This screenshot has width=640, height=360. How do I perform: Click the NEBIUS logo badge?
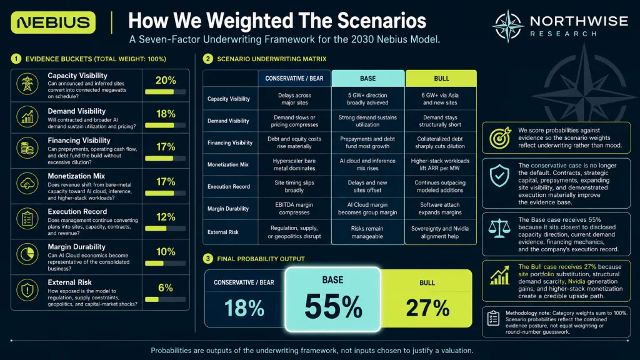[x=54, y=22]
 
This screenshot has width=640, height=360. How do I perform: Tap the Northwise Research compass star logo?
[x=507, y=26]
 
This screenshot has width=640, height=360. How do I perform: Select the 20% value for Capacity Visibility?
[x=165, y=81]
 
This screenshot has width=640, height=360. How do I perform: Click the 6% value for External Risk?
[x=165, y=287]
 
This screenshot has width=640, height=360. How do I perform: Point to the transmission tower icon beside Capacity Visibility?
[x=27, y=84]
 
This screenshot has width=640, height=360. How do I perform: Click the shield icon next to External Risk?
[x=27, y=290]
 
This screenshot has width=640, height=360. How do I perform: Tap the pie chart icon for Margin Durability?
[x=27, y=254]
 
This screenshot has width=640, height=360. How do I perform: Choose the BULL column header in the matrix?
[x=441, y=78]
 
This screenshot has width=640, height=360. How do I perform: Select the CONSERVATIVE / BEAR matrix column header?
[x=294, y=78]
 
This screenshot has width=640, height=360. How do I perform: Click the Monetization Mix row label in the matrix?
[x=228, y=164]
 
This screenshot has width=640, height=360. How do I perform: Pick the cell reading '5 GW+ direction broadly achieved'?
[x=367, y=99]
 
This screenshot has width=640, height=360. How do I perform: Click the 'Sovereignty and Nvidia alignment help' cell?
[x=440, y=232]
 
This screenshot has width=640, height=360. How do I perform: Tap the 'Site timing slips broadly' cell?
[x=294, y=186]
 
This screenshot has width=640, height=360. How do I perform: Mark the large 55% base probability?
[x=333, y=306]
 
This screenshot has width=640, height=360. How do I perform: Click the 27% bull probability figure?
[x=427, y=307]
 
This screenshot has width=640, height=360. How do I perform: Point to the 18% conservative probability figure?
[x=244, y=307]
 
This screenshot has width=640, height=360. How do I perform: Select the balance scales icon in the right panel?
[x=499, y=229]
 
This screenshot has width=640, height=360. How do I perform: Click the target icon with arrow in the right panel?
[x=500, y=137]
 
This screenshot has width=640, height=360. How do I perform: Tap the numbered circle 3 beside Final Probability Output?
[x=207, y=259]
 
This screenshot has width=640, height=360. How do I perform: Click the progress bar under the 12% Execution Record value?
[x=165, y=229]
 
